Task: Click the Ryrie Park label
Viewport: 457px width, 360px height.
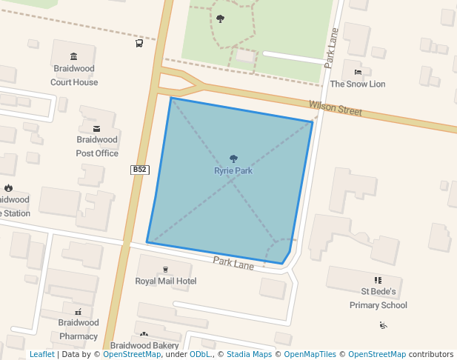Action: click(233, 171)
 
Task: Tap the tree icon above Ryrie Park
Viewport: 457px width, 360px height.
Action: click(233, 159)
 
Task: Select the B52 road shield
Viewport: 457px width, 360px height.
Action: click(140, 170)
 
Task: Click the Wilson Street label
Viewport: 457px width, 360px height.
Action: click(336, 109)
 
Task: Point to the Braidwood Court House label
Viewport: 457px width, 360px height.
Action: click(74, 76)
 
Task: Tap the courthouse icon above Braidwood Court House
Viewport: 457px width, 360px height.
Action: click(73, 57)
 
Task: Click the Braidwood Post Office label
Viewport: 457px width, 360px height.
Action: click(97, 146)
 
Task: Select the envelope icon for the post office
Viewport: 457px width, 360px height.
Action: click(97, 128)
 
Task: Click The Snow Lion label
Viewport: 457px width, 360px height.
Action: click(358, 84)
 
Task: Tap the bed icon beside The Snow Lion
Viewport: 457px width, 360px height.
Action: click(358, 73)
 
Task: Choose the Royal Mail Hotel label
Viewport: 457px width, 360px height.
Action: click(165, 281)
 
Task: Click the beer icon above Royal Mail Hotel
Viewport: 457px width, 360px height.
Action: click(165, 269)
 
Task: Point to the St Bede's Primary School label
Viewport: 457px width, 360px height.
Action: click(378, 299)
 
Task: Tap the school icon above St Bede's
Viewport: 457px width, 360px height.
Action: click(378, 280)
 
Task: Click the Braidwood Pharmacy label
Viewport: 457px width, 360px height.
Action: click(79, 329)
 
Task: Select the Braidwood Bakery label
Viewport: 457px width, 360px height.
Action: click(144, 346)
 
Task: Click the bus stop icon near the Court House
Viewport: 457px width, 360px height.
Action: click(139, 44)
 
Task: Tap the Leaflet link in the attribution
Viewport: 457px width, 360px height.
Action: click(42, 355)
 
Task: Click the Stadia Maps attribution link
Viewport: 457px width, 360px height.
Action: click(249, 355)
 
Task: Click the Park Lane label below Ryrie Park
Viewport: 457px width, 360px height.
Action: click(233, 263)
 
